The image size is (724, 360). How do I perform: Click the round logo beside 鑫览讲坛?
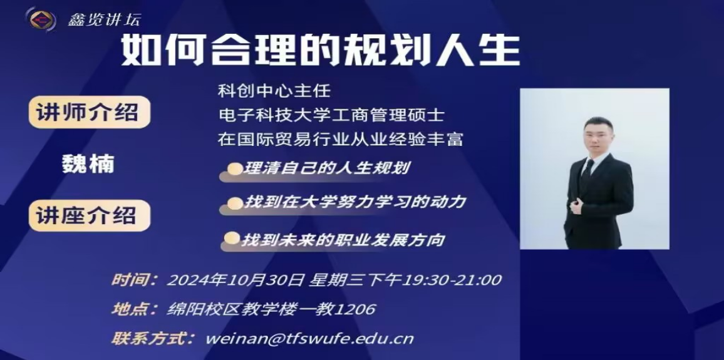coord(41,19)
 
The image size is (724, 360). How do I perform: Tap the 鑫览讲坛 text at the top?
coord(104,20)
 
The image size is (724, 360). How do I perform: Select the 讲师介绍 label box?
coord(90,112)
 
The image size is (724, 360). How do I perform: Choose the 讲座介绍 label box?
coord(90,215)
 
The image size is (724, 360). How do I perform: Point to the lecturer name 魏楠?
coord(88,164)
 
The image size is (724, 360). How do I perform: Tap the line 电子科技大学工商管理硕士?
coord(331,115)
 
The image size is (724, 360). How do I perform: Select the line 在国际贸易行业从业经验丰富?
coord(340,138)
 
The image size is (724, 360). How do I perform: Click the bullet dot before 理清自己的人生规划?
coord(235,169)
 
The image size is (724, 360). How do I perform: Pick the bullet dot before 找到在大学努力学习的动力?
coord(235,203)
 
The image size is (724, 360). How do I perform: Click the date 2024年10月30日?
coord(235,280)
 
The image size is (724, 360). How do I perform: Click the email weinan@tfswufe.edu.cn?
coord(309,339)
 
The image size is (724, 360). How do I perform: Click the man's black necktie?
coord(586,172)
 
